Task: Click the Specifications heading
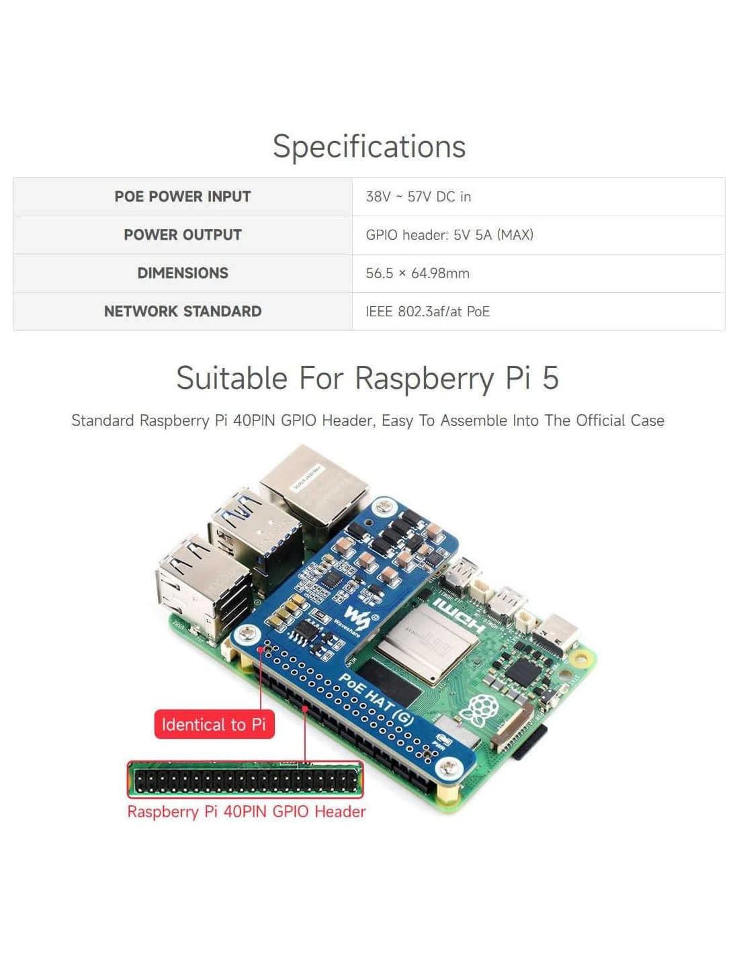[x=369, y=146]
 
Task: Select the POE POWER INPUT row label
[x=182, y=197]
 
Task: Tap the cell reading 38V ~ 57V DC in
[x=418, y=197]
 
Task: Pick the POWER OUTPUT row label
[x=182, y=235]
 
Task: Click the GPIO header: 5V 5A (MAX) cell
[x=449, y=235]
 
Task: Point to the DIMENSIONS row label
[x=182, y=273]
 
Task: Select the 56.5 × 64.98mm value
[x=417, y=273]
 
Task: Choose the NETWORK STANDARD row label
[x=182, y=312]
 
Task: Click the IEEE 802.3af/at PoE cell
[x=427, y=312]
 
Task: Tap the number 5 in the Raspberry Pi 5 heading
[x=550, y=378]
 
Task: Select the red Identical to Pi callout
[x=214, y=725]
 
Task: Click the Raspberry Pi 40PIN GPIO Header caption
[x=246, y=811]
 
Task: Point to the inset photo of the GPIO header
[x=245, y=780]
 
